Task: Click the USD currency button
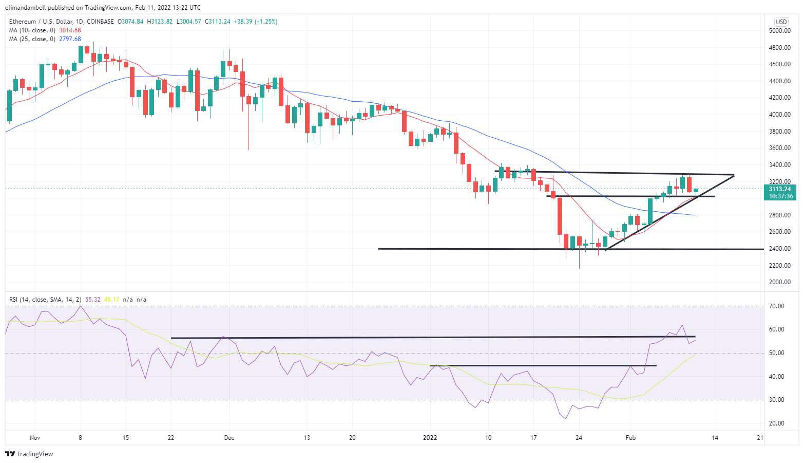(x=781, y=22)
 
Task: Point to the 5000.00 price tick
(x=779, y=31)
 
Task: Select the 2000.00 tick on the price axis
(x=779, y=282)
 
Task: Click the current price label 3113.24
(x=779, y=189)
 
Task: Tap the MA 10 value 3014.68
(x=70, y=30)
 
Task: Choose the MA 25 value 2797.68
(x=70, y=39)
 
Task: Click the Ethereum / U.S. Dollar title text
(x=46, y=22)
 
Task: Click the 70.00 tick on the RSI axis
(x=777, y=306)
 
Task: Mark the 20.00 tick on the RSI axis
(x=777, y=423)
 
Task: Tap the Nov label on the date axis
(x=35, y=438)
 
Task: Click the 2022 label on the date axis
(x=430, y=438)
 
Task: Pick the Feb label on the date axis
(x=630, y=438)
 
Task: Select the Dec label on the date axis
(x=229, y=438)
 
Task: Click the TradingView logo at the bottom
(x=29, y=454)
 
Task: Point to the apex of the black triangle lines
(x=734, y=175)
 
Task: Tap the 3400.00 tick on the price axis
(x=779, y=165)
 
